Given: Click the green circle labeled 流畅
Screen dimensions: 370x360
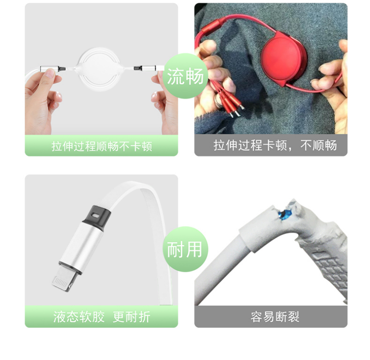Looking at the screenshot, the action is tap(185, 76).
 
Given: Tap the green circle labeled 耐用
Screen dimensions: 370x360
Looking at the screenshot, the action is tap(185, 249).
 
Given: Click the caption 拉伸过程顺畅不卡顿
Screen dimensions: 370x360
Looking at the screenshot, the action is tap(102, 146).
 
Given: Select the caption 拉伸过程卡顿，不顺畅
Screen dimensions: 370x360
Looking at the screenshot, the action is tap(275, 145).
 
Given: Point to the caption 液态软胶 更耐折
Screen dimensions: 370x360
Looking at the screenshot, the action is tap(102, 317).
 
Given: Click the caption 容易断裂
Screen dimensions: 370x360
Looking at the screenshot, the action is tap(275, 317).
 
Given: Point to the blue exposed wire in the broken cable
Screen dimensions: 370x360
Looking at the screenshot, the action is tap(285, 215).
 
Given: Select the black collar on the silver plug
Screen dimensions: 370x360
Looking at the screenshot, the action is tap(97, 218).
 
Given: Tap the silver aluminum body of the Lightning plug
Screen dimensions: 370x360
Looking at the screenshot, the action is tap(80, 246).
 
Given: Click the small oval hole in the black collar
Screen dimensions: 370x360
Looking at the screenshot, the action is tap(96, 215).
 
